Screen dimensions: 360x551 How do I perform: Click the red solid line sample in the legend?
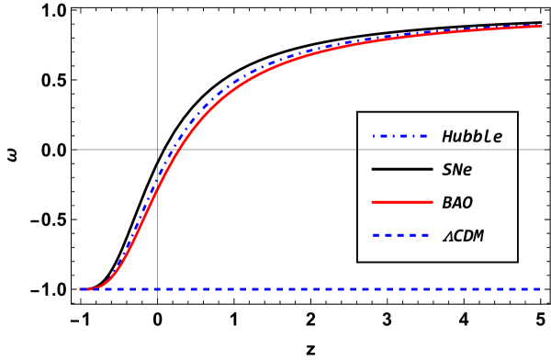pyautogui.click(x=402, y=201)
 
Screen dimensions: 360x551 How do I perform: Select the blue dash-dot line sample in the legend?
pyautogui.click(x=400, y=136)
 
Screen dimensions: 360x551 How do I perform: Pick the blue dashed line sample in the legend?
pyautogui.click(x=401, y=235)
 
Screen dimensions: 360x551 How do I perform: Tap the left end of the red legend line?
pyautogui.click(x=373, y=201)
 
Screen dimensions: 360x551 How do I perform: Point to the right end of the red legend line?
pyautogui.click(x=432, y=201)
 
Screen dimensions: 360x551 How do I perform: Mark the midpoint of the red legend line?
pyautogui.click(x=402, y=201)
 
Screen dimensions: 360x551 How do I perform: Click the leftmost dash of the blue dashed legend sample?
pyautogui.click(x=377, y=235)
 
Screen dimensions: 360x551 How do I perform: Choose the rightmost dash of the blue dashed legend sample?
pyautogui.click(x=425, y=235)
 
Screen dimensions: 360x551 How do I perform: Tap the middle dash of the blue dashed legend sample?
pyautogui.click(x=401, y=235)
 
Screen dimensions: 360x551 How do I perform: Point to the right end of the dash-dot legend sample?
pyautogui.click(x=429, y=136)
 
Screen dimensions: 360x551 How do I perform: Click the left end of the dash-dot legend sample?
pyautogui.click(x=373, y=136)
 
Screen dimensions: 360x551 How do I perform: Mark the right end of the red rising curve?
pyautogui.click(x=541, y=26)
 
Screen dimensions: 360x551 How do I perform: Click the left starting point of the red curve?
pyautogui.click(x=81, y=289)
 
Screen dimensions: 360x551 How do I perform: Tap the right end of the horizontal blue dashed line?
pyautogui.click(x=540, y=289)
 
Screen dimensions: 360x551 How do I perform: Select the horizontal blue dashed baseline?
pyautogui.click(x=321, y=289)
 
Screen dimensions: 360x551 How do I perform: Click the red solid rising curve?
pyautogui.click(x=184, y=137)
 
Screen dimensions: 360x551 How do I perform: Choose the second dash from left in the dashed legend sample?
pyautogui.click(x=389, y=235)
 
